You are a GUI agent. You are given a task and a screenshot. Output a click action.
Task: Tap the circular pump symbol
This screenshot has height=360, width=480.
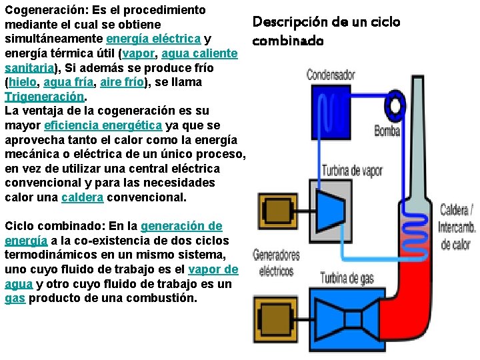click(396, 105)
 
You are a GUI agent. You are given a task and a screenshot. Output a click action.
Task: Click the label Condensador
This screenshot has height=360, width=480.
click(331, 75)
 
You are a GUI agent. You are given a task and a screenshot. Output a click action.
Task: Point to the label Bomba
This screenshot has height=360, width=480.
click(387, 131)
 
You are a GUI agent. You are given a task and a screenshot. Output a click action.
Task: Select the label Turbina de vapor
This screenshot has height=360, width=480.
click(352, 171)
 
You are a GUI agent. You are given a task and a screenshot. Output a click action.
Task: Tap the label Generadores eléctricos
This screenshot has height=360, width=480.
click(276, 263)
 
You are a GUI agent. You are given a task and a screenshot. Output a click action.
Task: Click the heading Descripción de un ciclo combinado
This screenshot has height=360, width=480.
click(325, 31)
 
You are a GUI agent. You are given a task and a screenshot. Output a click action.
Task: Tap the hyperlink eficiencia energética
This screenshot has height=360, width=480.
click(103, 125)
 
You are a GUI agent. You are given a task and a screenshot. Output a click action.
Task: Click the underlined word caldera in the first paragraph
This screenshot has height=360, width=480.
click(82, 197)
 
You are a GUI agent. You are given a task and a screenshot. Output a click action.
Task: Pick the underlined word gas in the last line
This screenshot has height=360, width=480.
click(15, 297)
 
